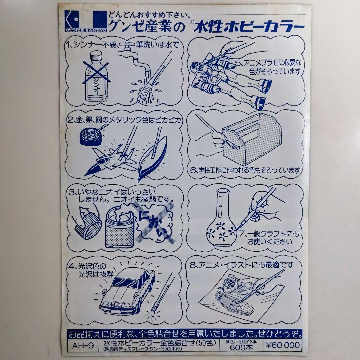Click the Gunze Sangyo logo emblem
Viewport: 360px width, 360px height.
pyautogui.click(x=83, y=20)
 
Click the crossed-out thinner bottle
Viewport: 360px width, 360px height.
pyautogui.click(x=96, y=78)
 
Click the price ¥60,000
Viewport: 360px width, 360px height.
pyautogui.click(x=282, y=345)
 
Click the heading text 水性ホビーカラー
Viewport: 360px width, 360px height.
pyautogui.click(x=247, y=27)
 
